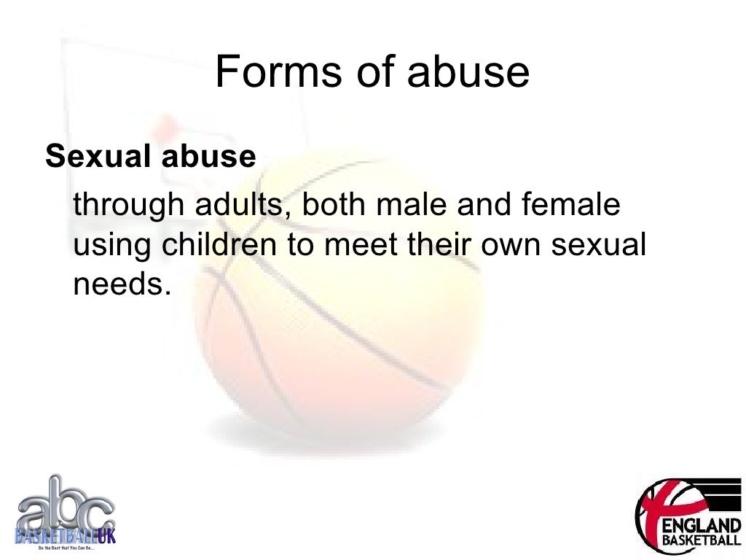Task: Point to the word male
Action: click(412, 205)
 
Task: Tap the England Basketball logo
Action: click(688, 513)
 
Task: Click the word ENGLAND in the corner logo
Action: click(700, 526)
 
